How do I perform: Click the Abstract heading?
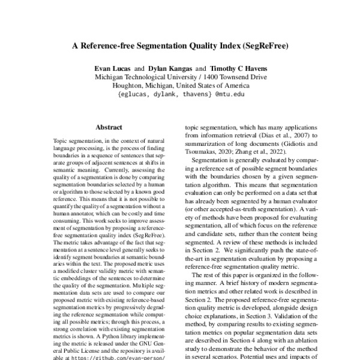click(109, 127)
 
